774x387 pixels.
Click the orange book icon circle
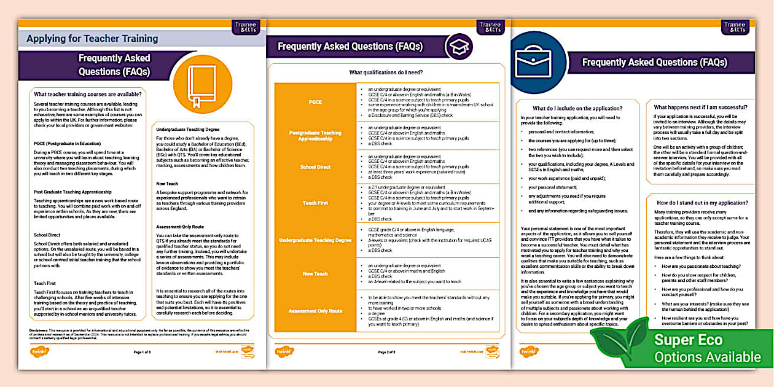194,84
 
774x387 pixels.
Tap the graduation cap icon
459,47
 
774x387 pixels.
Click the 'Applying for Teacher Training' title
92,39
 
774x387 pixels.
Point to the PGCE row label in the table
315,101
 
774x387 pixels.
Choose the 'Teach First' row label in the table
315,203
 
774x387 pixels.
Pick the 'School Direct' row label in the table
315,166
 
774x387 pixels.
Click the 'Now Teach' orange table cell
315,274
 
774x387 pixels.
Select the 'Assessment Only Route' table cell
315,311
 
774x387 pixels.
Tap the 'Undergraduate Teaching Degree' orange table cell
315,240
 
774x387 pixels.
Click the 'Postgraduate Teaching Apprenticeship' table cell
315,136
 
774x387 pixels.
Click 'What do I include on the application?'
569,108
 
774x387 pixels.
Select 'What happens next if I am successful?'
704,107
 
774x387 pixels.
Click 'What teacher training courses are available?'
88,94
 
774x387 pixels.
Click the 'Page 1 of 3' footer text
142,353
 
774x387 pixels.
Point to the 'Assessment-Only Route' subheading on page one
179,227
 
